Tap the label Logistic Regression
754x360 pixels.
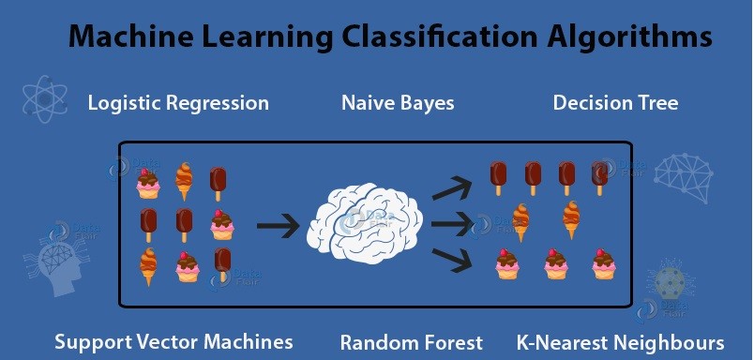pos(178,103)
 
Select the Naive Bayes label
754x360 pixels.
pos(398,103)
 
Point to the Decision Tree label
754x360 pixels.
pos(615,103)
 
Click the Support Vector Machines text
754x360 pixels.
pos(173,341)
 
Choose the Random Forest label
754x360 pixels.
pos(412,341)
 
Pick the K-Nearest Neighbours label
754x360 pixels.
pos(620,341)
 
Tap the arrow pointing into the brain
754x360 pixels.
pos(278,225)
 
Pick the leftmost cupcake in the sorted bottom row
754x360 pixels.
pos(507,265)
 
